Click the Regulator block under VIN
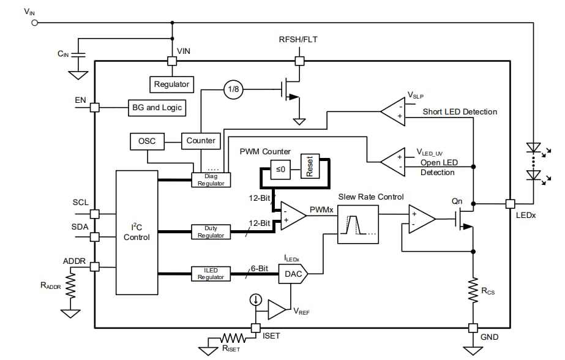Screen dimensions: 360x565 coord(172,84)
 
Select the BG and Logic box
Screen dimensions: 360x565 coord(156,107)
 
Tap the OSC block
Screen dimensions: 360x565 coord(147,141)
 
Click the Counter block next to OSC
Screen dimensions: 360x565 coord(201,141)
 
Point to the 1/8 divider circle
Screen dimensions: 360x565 coord(233,90)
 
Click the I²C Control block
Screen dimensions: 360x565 coord(137,232)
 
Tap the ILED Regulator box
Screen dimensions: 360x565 coord(211,274)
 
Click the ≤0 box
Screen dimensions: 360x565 coord(280,169)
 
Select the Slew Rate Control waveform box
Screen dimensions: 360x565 coord(358,225)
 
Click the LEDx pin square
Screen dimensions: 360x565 coord(509,203)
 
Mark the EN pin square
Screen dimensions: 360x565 coord(95,107)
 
